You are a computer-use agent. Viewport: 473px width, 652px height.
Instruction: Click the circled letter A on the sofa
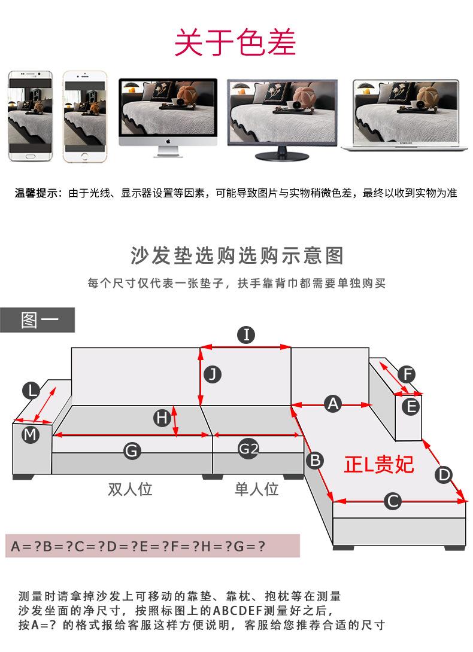click(x=333, y=404)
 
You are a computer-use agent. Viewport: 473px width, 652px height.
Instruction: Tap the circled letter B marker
click(x=315, y=461)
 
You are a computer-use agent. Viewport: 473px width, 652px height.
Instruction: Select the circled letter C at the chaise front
click(x=393, y=501)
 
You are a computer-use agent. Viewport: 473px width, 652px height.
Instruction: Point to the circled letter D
click(x=444, y=474)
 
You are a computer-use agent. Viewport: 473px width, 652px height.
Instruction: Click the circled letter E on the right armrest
click(x=411, y=406)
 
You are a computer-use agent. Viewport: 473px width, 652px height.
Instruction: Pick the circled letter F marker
click(x=407, y=374)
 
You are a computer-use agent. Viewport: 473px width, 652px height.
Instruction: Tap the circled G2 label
click(x=248, y=449)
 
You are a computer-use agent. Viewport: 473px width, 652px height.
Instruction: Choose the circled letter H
click(x=162, y=418)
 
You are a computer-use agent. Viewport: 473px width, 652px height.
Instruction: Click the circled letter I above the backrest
click(x=246, y=335)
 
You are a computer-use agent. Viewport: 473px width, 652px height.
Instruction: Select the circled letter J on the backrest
click(x=213, y=374)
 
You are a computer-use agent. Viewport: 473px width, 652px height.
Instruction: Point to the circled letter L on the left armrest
click(x=31, y=391)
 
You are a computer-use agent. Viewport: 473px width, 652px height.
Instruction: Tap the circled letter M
click(x=31, y=435)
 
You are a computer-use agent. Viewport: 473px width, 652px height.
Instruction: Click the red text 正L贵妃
click(x=378, y=464)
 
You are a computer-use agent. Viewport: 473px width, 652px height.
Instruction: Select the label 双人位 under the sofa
click(x=131, y=489)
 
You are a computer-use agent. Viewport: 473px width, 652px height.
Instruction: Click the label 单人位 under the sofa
click(x=256, y=489)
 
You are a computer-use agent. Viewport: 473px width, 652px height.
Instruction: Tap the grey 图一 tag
click(x=38, y=320)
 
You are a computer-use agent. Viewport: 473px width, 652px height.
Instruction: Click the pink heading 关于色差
click(x=235, y=42)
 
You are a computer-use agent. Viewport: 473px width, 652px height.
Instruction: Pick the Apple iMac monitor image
click(x=168, y=118)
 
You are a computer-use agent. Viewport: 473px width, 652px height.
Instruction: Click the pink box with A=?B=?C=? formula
click(x=153, y=546)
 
